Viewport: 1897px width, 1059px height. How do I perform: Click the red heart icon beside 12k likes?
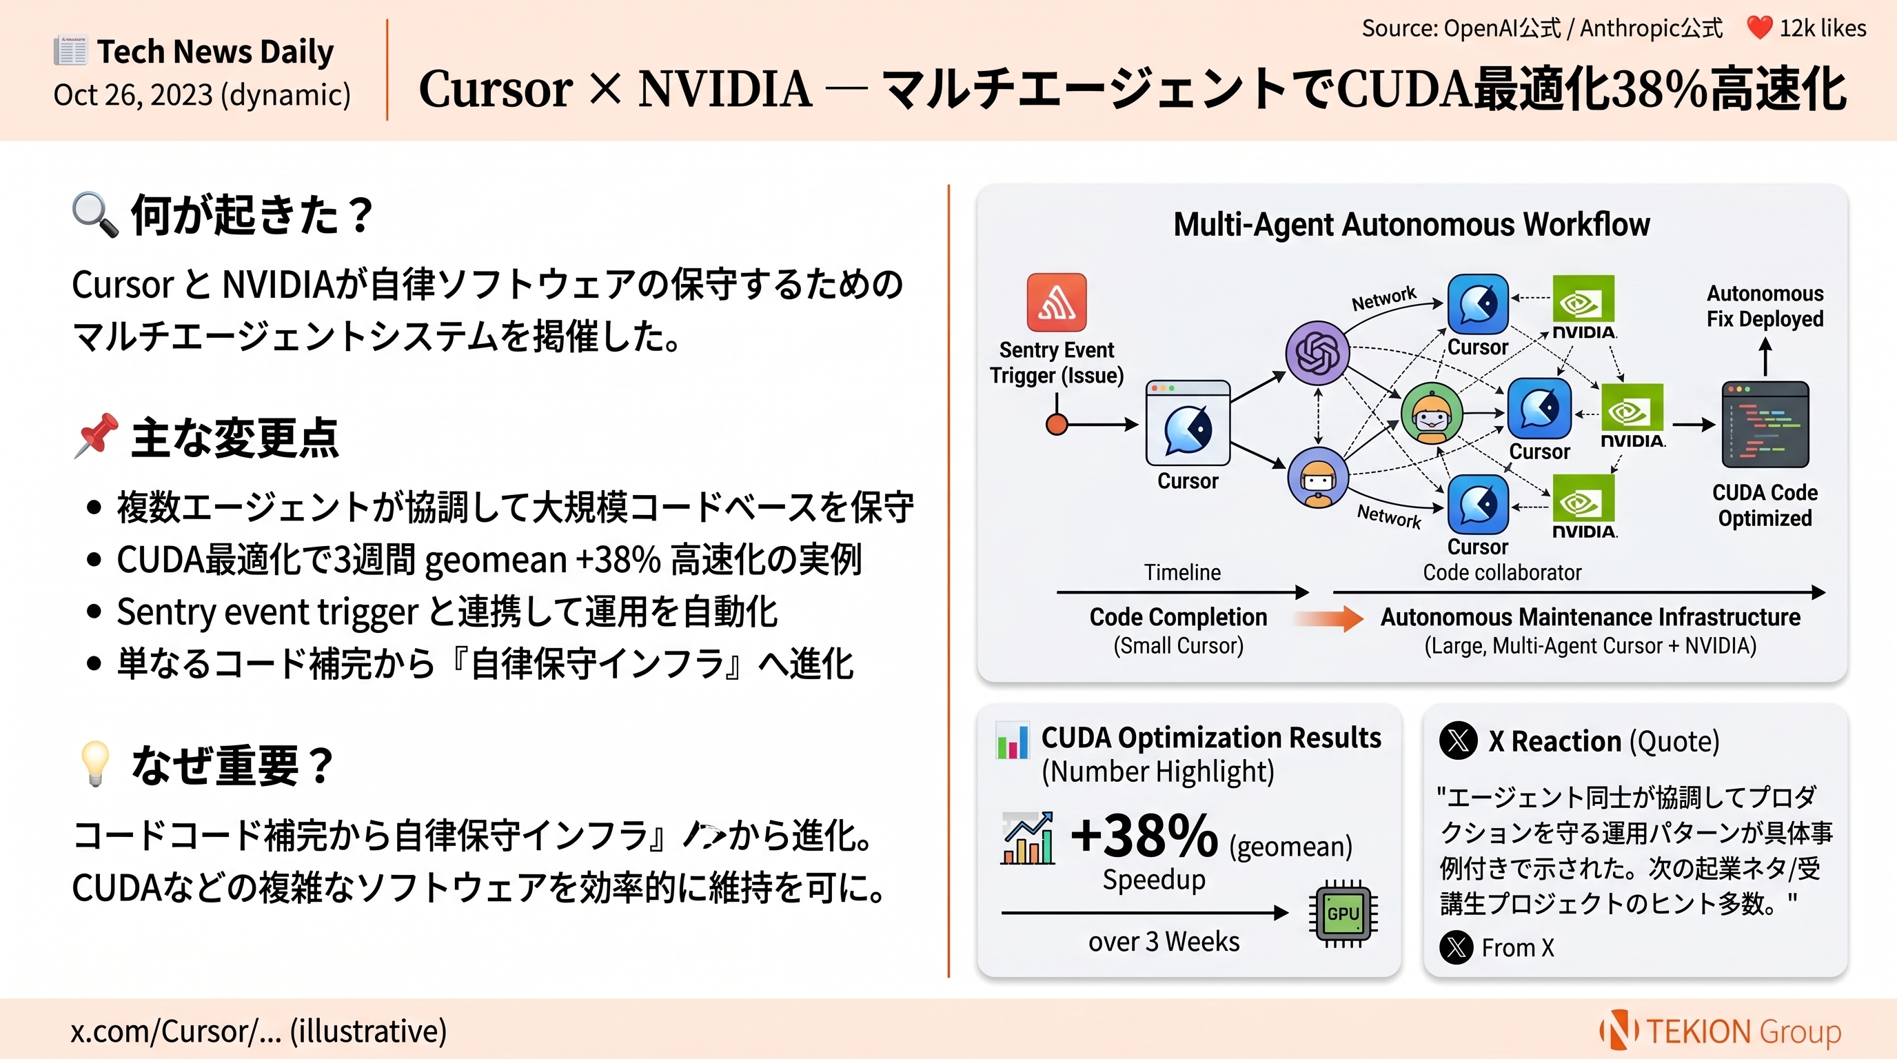[1758, 28]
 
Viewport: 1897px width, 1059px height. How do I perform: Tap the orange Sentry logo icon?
[1056, 303]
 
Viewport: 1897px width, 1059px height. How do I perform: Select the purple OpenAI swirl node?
[1317, 354]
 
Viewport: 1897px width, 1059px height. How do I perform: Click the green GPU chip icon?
[1343, 914]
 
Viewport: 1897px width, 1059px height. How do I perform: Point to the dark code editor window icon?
[1765, 424]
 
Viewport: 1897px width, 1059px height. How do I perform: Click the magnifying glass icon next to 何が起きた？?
[95, 215]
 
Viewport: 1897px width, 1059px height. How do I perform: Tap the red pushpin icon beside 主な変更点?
[97, 435]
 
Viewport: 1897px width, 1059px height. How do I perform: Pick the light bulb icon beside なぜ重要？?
[96, 763]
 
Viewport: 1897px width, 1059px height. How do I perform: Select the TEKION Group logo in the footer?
[1721, 1030]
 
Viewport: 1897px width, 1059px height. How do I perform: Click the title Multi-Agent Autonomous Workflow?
[1411, 225]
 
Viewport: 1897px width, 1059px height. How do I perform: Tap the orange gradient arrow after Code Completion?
[1329, 618]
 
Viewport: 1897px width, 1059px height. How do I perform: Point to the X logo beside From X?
[1457, 947]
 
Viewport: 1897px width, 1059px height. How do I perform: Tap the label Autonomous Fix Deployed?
[1765, 306]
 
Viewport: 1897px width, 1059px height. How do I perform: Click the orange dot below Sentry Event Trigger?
[1057, 425]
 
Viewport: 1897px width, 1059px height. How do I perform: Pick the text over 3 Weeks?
[1164, 942]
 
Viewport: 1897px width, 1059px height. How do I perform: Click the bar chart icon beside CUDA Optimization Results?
[1012, 740]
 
